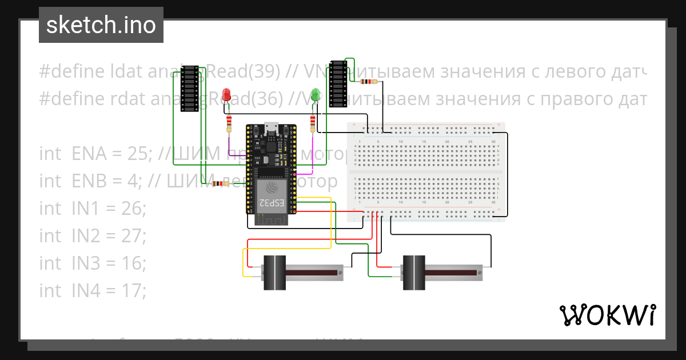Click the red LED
(x=227, y=95)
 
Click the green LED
(x=314, y=95)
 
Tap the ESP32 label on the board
(x=271, y=202)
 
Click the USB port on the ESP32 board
(x=271, y=128)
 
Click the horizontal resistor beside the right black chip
(x=369, y=82)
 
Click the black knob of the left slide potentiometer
(x=274, y=274)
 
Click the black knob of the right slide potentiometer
(x=415, y=274)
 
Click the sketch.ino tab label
(x=101, y=25)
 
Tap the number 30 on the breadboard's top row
(x=493, y=141)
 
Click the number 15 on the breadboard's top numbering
(x=424, y=141)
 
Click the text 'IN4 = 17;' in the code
(x=109, y=291)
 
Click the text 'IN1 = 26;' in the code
(x=109, y=209)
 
